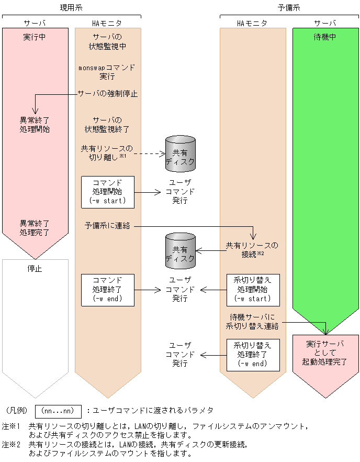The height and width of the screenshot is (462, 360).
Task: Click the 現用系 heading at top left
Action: coord(71,7)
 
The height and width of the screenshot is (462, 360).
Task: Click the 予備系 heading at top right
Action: coord(289,7)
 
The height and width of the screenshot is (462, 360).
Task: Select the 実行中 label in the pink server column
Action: coord(35,37)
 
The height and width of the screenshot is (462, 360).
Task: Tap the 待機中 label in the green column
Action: coord(325,37)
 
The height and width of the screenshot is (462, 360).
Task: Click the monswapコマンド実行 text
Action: coord(107,72)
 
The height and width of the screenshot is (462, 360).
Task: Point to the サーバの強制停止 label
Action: coord(107,94)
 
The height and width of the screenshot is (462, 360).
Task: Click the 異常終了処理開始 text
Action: coord(35,124)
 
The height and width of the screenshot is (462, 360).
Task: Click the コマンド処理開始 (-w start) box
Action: coord(107,192)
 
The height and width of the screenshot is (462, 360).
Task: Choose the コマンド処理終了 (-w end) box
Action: coord(107,289)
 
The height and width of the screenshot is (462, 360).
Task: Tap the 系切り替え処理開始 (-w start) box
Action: coord(253,289)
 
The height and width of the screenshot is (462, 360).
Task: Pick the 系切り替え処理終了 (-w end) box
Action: coord(253,355)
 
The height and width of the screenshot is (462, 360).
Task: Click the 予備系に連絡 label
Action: coord(107,226)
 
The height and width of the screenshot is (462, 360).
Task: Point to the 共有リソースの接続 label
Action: coord(252,249)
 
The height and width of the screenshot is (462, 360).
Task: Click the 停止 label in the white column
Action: coord(35,268)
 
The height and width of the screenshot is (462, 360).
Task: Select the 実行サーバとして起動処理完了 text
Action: coord(325,353)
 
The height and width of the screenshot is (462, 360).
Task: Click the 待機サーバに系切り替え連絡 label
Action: coord(252,321)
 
